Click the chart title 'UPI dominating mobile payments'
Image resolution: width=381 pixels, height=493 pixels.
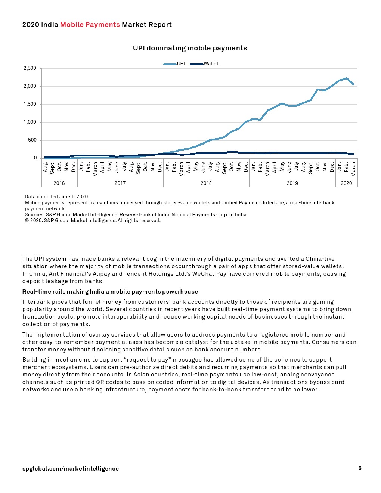point(190,48)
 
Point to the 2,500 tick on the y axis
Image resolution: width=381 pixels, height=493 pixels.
point(30,68)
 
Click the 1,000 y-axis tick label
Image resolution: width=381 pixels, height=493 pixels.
point(30,122)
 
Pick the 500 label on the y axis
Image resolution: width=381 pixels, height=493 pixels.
point(32,140)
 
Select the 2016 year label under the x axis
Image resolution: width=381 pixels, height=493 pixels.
point(59,183)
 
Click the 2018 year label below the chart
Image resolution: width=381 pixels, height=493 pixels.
point(206,183)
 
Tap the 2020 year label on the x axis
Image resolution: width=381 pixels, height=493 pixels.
point(346,183)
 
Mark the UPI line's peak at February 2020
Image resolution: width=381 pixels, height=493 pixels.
point(347,78)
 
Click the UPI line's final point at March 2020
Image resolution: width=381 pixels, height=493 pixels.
point(353,84)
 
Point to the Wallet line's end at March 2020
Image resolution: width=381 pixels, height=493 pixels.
point(353,154)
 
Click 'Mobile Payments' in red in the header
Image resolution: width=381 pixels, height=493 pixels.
point(90,25)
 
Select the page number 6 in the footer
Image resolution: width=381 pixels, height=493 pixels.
point(360,468)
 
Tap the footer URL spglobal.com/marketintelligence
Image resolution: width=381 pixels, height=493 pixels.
point(71,469)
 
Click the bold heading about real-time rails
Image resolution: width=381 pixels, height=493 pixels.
point(110,292)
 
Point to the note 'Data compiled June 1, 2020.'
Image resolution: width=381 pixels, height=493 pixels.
point(57,196)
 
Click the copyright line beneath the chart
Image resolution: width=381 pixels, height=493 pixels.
point(93,221)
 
